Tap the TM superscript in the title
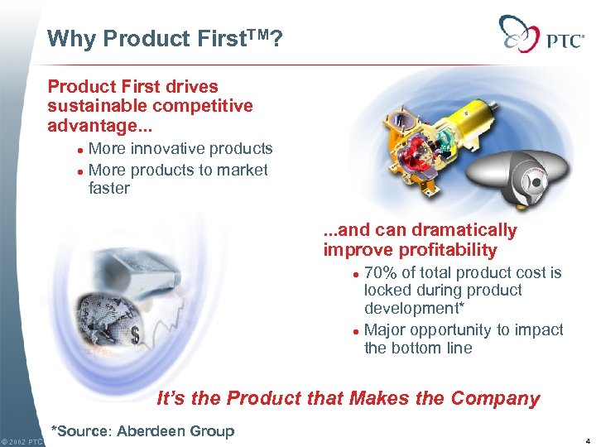[253, 34]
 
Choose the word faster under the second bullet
[108, 189]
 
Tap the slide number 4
[585, 441]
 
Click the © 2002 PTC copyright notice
[22, 441]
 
